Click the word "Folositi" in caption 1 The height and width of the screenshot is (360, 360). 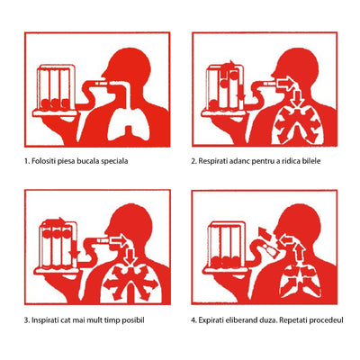coord(50,162)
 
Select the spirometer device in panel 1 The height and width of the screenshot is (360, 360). coord(54,85)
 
